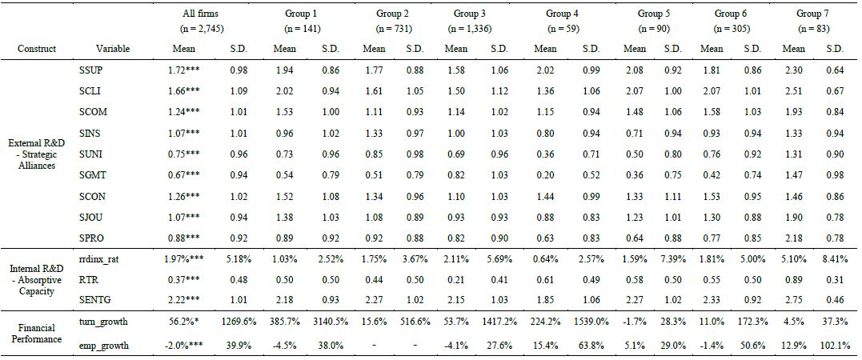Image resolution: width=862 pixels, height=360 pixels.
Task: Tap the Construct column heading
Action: pos(37,49)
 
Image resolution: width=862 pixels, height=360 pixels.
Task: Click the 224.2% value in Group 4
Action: pos(547,322)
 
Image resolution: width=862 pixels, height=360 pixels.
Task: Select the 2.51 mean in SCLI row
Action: pos(793,91)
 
